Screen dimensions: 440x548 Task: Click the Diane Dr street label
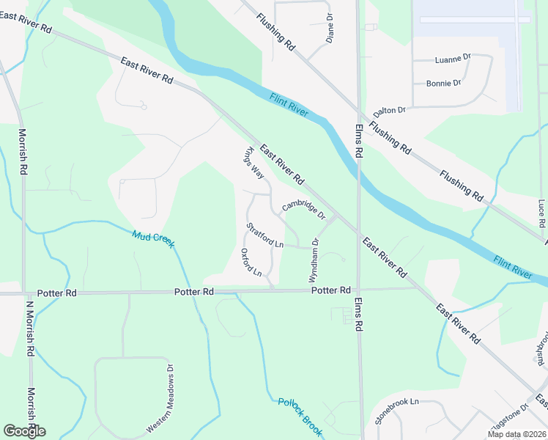click(x=330, y=27)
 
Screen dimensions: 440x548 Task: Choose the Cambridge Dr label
click(x=303, y=208)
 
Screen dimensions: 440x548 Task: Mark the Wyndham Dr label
click(x=315, y=252)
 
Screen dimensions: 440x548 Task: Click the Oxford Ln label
click(x=251, y=263)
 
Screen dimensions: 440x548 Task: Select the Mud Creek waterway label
click(x=153, y=239)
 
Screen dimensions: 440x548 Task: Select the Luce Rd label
click(x=541, y=213)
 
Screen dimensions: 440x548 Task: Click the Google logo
click(x=24, y=430)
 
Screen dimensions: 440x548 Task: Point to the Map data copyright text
click(x=516, y=434)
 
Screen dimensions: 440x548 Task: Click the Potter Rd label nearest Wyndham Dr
click(x=331, y=291)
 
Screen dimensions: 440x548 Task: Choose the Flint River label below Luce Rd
click(x=513, y=266)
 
